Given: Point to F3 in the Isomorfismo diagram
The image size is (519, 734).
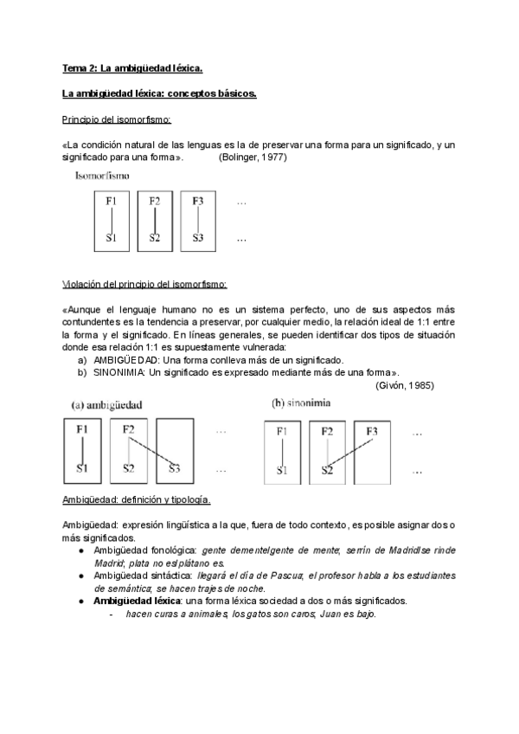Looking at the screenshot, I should coord(198,202).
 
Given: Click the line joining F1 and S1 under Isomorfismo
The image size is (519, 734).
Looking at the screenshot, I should coord(111,219).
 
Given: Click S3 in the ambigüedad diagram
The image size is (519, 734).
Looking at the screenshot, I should coord(175,469).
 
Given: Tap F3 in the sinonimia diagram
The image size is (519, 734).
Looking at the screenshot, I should coord(372,430).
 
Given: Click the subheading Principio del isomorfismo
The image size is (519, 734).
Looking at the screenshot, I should coord(117,119).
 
